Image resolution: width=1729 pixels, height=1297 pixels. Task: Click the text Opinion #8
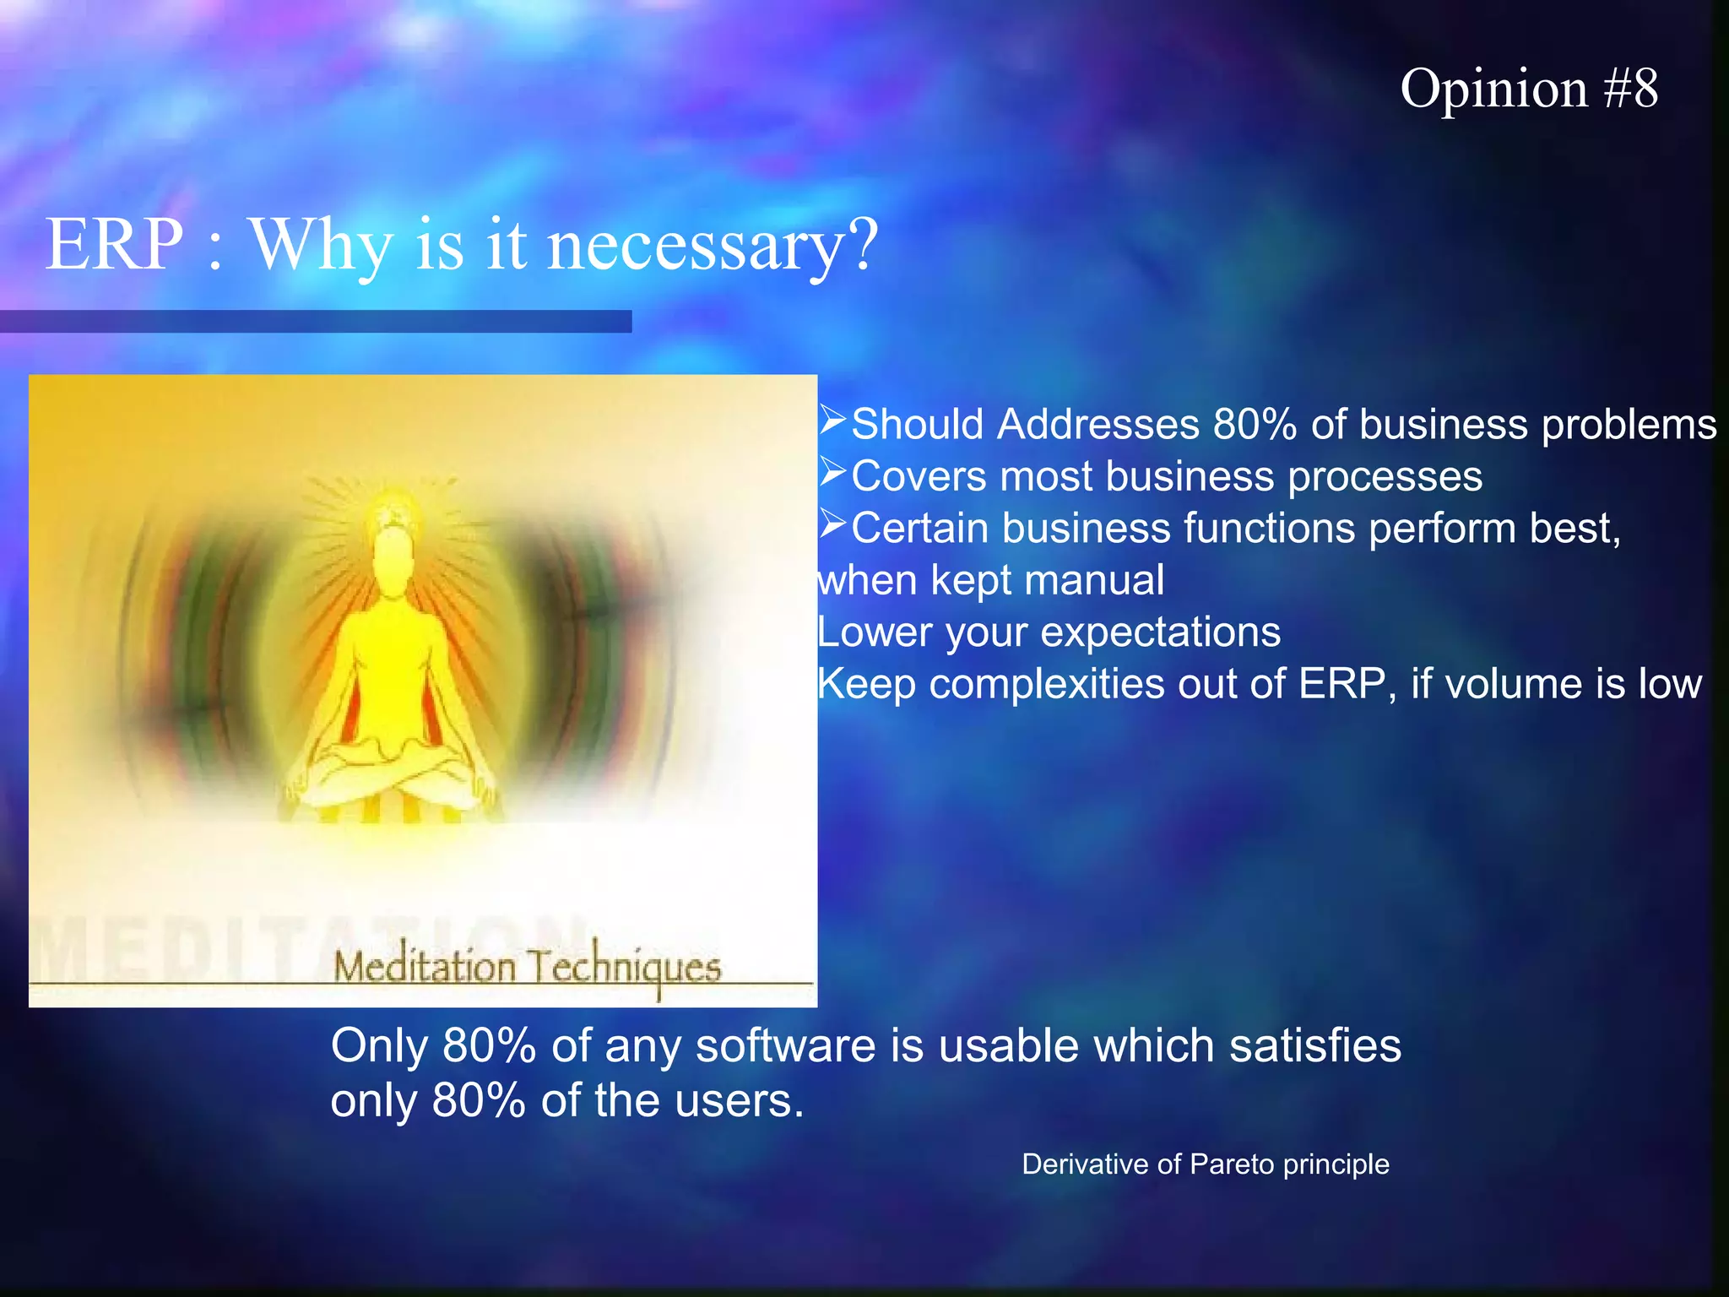click(x=1528, y=89)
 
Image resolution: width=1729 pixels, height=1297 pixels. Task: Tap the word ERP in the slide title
click(x=114, y=245)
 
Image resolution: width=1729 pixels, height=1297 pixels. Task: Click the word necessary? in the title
click(x=713, y=247)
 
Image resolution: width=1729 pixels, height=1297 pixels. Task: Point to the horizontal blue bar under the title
click(x=315, y=322)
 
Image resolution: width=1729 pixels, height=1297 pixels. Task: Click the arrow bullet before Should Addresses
click(x=832, y=420)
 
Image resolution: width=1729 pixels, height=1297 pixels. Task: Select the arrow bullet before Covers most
click(x=832, y=472)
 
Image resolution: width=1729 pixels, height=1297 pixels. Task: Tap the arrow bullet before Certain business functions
click(x=832, y=524)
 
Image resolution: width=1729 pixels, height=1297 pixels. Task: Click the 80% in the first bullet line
click(x=1255, y=424)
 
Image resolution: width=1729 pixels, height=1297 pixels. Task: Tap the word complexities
click(x=1047, y=685)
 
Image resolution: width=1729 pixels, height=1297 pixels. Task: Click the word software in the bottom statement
click(x=786, y=1046)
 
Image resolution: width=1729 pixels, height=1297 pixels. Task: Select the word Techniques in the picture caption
click(x=624, y=967)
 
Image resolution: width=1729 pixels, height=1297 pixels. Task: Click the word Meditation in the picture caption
click(x=424, y=967)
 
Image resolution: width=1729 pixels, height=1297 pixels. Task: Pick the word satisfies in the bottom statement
click(x=1314, y=1046)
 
